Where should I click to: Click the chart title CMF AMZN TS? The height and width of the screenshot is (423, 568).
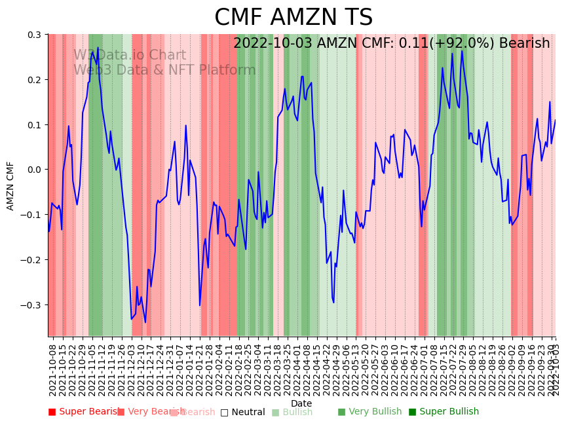coord(293,18)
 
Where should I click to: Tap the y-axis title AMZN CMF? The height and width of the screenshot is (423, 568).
coord(10,186)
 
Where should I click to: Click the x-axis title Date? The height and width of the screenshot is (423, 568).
coord(301,403)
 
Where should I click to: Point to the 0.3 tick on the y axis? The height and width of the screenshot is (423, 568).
coord(34,35)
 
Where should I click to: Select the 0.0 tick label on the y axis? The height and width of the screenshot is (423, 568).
coord(34,170)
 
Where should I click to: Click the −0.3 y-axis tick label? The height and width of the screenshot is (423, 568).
coord(31,305)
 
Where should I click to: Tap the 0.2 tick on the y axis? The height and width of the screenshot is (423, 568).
coord(34,80)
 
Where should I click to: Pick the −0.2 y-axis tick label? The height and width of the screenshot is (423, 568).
coord(31,260)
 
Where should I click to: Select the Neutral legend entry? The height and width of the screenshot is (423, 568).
coord(243,413)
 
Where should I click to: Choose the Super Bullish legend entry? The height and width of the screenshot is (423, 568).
coord(444,412)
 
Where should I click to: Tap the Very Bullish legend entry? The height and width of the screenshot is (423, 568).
coord(370,412)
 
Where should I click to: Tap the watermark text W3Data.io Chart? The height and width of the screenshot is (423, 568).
coord(129,56)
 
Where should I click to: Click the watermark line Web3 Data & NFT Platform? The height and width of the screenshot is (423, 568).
coord(164,70)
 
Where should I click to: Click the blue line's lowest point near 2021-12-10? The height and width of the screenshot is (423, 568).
coord(145,322)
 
